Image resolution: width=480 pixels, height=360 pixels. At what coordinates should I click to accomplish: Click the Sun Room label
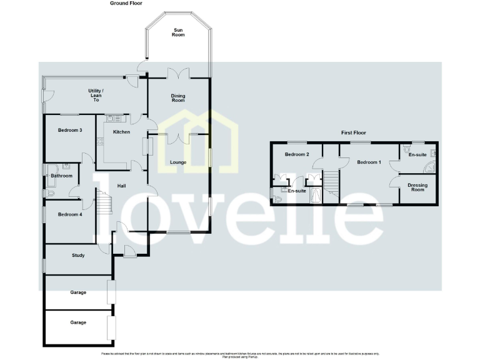click(x=178, y=32)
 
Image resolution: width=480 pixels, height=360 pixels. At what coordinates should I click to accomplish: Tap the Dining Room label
click(x=178, y=98)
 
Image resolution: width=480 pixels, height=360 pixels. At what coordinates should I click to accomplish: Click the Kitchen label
click(x=121, y=132)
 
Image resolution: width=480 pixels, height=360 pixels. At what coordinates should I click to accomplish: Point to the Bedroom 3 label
click(x=70, y=130)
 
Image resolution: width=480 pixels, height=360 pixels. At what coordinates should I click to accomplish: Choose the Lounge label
click(x=178, y=162)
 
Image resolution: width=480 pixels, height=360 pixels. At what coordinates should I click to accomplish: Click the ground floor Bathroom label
click(x=62, y=176)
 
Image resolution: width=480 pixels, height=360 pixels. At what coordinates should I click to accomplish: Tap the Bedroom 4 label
click(x=70, y=214)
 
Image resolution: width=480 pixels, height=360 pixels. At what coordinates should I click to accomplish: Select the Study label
click(x=78, y=255)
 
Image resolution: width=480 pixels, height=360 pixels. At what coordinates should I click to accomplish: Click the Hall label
click(x=122, y=185)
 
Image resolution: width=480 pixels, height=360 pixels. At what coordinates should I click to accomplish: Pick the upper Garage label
click(x=78, y=292)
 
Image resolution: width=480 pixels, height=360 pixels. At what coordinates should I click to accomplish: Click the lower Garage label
click(x=78, y=322)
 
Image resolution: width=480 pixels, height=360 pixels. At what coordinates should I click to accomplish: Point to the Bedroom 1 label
click(x=369, y=162)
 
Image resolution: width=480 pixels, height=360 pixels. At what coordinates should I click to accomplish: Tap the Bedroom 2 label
click(x=297, y=154)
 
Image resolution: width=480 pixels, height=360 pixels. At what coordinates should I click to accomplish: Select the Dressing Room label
click(x=417, y=187)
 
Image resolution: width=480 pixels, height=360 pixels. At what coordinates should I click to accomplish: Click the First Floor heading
click(x=353, y=132)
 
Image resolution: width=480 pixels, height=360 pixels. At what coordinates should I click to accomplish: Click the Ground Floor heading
click(x=126, y=3)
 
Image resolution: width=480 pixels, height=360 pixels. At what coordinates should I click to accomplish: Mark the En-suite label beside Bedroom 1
click(x=417, y=154)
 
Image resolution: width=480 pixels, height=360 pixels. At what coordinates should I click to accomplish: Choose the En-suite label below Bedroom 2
click(x=296, y=191)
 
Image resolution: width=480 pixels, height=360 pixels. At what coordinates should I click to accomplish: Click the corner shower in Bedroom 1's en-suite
click(x=431, y=167)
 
